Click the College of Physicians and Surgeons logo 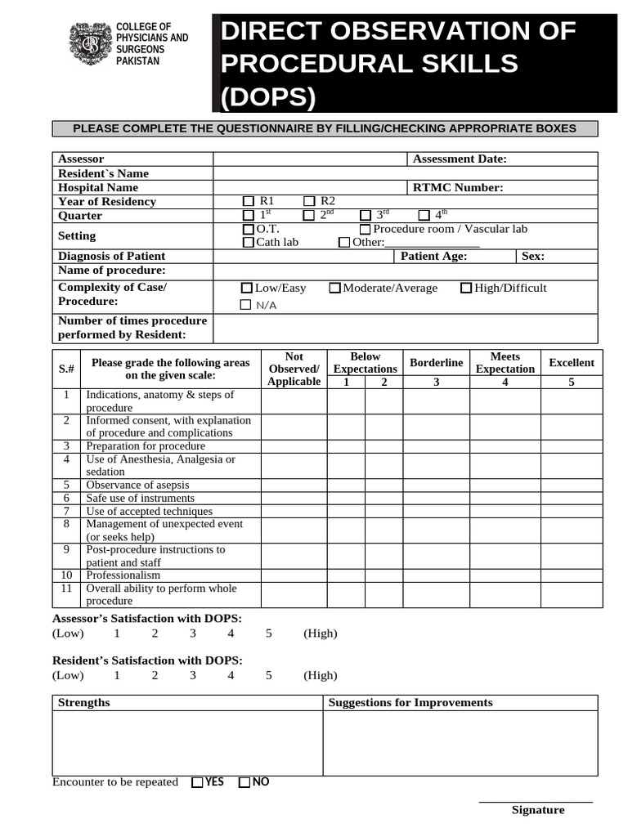87,44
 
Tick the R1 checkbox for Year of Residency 249,202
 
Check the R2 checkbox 309,202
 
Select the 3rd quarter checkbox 366,216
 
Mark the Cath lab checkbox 249,243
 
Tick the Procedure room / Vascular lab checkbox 366,230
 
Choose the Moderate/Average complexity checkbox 335,289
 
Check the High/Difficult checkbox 466,289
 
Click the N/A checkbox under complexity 246,305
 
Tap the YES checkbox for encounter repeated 197,783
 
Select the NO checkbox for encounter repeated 244,783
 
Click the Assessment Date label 460,159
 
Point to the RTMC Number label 458,188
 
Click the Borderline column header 436,363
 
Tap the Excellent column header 571,363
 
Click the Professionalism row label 118,575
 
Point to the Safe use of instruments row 140,498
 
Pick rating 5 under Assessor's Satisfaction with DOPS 269,633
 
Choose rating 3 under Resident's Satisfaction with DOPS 193,675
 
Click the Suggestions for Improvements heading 410,703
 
